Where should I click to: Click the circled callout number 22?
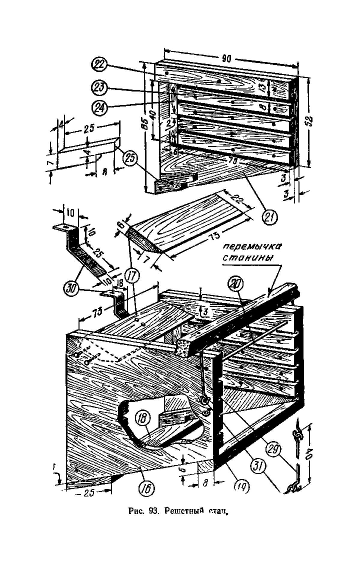click(99, 65)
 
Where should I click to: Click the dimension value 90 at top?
click(226, 58)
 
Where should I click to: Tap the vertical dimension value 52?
click(310, 121)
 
